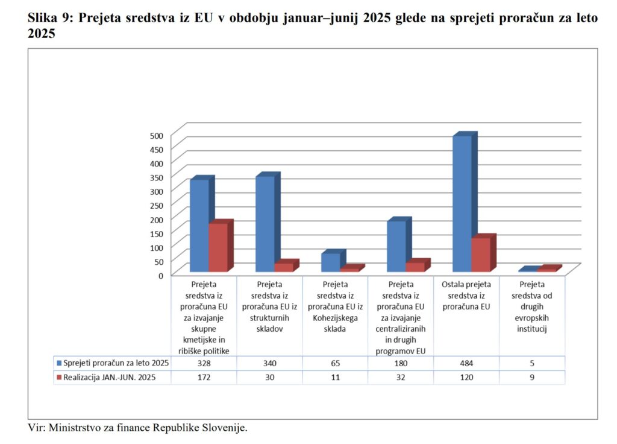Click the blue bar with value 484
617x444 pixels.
462,203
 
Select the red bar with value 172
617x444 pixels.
218,247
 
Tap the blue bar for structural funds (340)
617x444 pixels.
265,224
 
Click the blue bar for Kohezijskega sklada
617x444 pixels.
331,262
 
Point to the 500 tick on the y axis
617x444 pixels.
157,135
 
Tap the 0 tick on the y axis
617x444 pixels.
160,275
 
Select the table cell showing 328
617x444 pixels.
204,363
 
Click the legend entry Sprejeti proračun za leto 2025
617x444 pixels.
112,363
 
